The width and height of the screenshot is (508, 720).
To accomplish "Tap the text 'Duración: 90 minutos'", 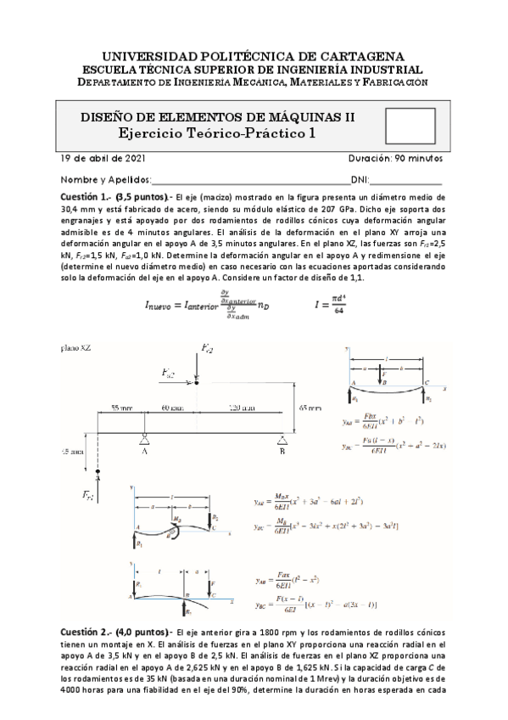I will point(394,159).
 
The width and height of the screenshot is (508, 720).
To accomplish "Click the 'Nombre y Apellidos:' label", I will point(105,180).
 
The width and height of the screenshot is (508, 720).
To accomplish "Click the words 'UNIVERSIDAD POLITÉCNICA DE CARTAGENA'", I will point(254,54).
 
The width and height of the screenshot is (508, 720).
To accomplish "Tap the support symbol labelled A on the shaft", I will point(146,437).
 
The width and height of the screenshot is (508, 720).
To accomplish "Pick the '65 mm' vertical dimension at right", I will point(311,408).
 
